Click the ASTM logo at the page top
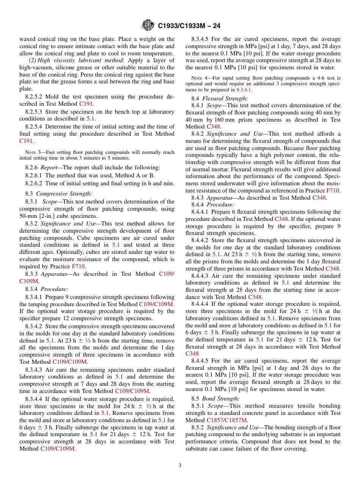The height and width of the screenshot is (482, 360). point(147,25)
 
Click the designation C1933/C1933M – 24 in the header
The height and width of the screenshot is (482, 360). point(189,26)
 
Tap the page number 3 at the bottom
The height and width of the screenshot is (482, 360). point(180,466)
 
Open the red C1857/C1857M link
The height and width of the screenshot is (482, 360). point(227,420)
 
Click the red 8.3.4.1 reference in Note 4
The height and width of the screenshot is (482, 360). point(244,90)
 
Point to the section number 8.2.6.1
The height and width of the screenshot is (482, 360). point(34,175)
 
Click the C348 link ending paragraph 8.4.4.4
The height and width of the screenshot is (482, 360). point(192,354)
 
